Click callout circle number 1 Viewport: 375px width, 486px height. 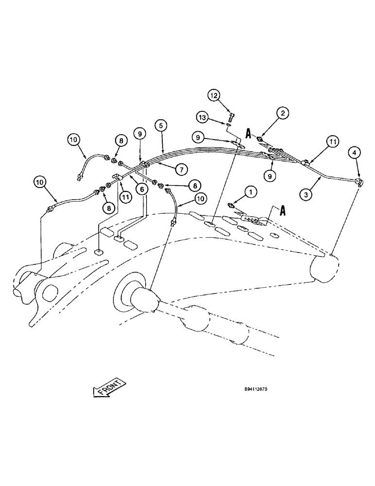pyautogui.click(x=250, y=192)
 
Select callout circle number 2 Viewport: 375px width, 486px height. pyautogui.click(x=283, y=113)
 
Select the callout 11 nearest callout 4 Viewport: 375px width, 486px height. pyautogui.click(x=332, y=142)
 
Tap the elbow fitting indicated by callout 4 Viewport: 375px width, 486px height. pyautogui.click(x=359, y=182)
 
